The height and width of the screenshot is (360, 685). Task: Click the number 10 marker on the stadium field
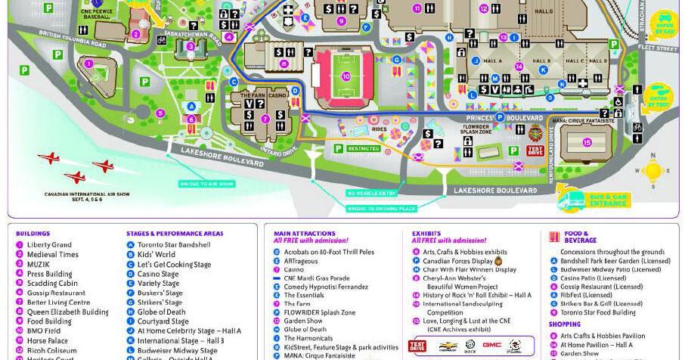click(x=346, y=76)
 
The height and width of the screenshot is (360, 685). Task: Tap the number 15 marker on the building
click(x=587, y=141)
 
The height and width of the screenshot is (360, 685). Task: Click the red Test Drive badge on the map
click(x=535, y=150)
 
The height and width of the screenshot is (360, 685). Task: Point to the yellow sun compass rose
click(x=652, y=172)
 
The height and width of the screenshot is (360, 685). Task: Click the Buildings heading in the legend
click(x=33, y=234)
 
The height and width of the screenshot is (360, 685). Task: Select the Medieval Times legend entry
click(x=53, y=254)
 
